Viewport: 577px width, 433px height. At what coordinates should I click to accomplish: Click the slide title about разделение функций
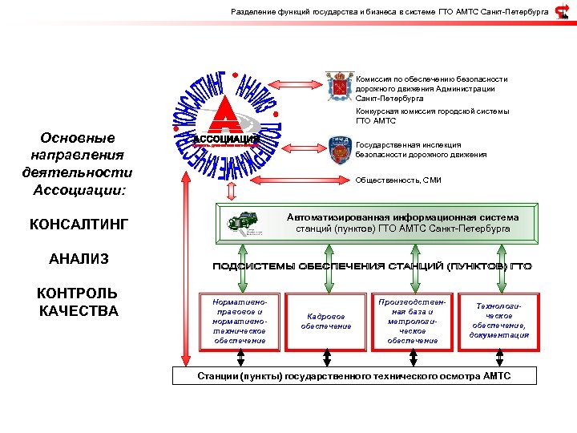389,12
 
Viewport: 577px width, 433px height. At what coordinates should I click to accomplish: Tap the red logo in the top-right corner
563,11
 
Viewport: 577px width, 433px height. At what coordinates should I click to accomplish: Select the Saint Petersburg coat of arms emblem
340,86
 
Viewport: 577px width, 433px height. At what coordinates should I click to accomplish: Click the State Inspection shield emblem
341,149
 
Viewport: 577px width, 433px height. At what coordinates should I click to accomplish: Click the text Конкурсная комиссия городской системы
432,111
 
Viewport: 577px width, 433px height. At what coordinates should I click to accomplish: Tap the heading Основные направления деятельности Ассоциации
78,164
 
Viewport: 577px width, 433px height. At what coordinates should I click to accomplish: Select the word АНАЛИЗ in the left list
79,259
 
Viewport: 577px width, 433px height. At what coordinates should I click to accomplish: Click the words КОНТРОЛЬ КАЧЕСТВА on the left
79,301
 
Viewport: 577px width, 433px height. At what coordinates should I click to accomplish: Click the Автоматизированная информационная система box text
402,223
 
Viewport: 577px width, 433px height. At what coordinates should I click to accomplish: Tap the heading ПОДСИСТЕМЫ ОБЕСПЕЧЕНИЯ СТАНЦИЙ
371,265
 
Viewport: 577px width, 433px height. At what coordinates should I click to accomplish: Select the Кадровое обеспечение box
326,322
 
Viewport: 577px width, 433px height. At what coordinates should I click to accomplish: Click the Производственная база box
412,322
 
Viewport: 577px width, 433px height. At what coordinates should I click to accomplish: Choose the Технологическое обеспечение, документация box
499,322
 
